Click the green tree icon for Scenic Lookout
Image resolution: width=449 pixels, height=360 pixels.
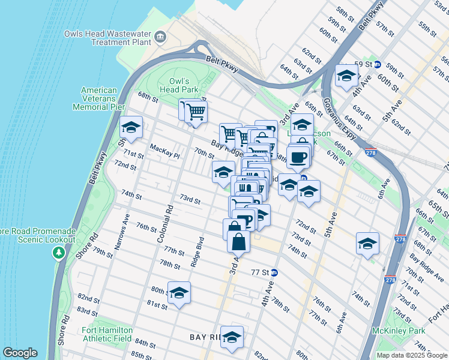pyautogui.click(x=58, y=253)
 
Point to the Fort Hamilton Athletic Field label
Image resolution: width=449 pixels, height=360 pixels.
pyautogui.click(x=113, y=334)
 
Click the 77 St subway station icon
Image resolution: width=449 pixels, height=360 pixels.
pyautogui.click(x=274, y=272)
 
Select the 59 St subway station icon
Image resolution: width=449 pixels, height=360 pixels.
pyautogui.click(x=377, y=64)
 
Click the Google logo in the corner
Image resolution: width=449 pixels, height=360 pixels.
pyautogui.click(x=20, y=353)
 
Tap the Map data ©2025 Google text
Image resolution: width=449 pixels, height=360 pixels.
pyautogui.click(x=411, y=355)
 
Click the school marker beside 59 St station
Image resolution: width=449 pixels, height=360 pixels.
pyautogui.click(x=346, y=76)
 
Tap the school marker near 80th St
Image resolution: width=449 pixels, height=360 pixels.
pyautogui.click(x=179, y=293)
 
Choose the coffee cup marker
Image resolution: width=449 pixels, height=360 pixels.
pyautogui.click(x=298, y=158)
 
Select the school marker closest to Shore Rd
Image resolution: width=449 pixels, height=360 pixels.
pyautogui.click(x=131, y=127)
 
